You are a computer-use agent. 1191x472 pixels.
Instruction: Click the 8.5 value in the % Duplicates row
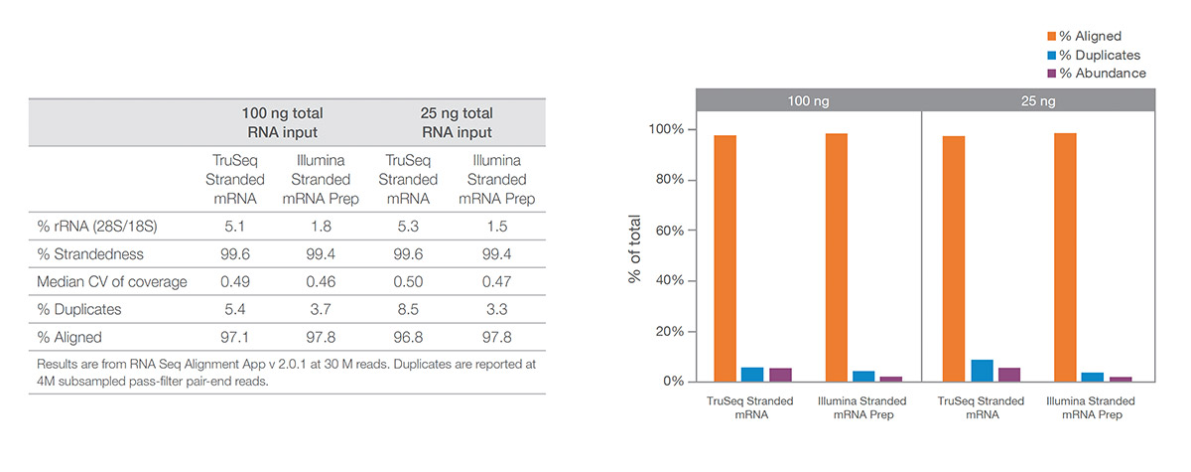click(x=409, y=309)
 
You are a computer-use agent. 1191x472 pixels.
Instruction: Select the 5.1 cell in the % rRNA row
click(x=235, y=226)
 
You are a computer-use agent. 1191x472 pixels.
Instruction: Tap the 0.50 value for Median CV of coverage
click(x=409, y=281)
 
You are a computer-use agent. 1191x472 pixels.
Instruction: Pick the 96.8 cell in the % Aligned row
click(x=409, y=337)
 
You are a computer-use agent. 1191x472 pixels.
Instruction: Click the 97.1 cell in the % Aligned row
click(x=235, y=337)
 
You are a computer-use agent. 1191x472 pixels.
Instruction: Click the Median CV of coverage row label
click(x=111, y=281)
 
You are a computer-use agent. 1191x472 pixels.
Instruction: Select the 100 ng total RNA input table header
click(x=282, y=123)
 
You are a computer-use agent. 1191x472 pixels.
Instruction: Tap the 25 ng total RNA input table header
click(x=457, y=123)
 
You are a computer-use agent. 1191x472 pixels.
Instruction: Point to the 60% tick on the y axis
click(x=666, y=231)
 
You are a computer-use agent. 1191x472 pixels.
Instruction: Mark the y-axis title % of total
click(x=635, y=249)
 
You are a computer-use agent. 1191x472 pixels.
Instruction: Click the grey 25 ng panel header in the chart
click(x=1038, y=101)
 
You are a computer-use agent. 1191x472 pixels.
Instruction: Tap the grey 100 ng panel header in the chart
click(x=809, y=101)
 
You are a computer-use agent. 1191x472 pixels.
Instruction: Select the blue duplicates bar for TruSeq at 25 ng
click(x=982, y=371)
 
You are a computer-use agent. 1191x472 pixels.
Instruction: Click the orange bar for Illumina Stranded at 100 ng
click(x=837, y=257)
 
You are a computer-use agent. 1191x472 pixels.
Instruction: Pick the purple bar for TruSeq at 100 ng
click(x=780, y=375)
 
